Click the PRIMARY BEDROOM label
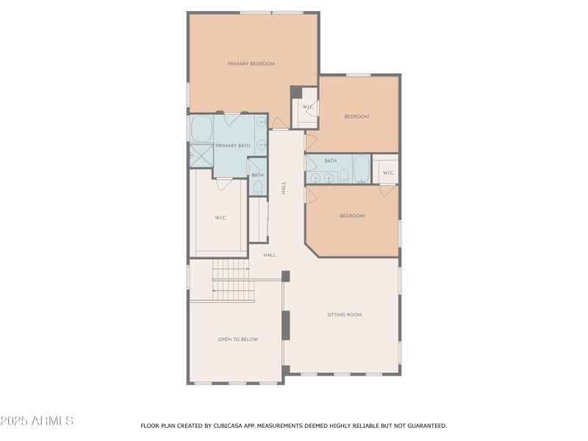click(x=251, y=64)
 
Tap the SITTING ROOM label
click(x=344, y=315)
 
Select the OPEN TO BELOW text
click(x=237, y=340)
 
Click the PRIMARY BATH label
click(x=232, y=146)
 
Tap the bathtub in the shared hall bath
click(x=361, y=168)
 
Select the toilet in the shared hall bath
click(x=343, y=176)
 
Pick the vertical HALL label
click(x=283, y=187)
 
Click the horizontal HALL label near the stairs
click(x=270, y=255)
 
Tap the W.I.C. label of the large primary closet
click(x=220, y=218)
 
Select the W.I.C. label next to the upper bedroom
click(x=307, y=107)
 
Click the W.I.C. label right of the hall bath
click(x=387, y=173)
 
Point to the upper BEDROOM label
click(x=356, y=116)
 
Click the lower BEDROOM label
click(x=351, y=215)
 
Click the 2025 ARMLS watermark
click(x=37, y=421)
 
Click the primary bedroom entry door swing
click(x=279, y=122)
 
